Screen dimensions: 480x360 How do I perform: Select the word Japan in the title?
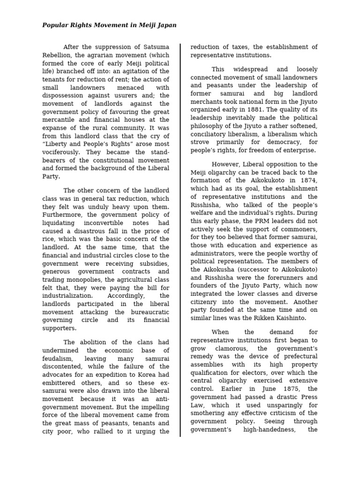pos(166,25)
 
